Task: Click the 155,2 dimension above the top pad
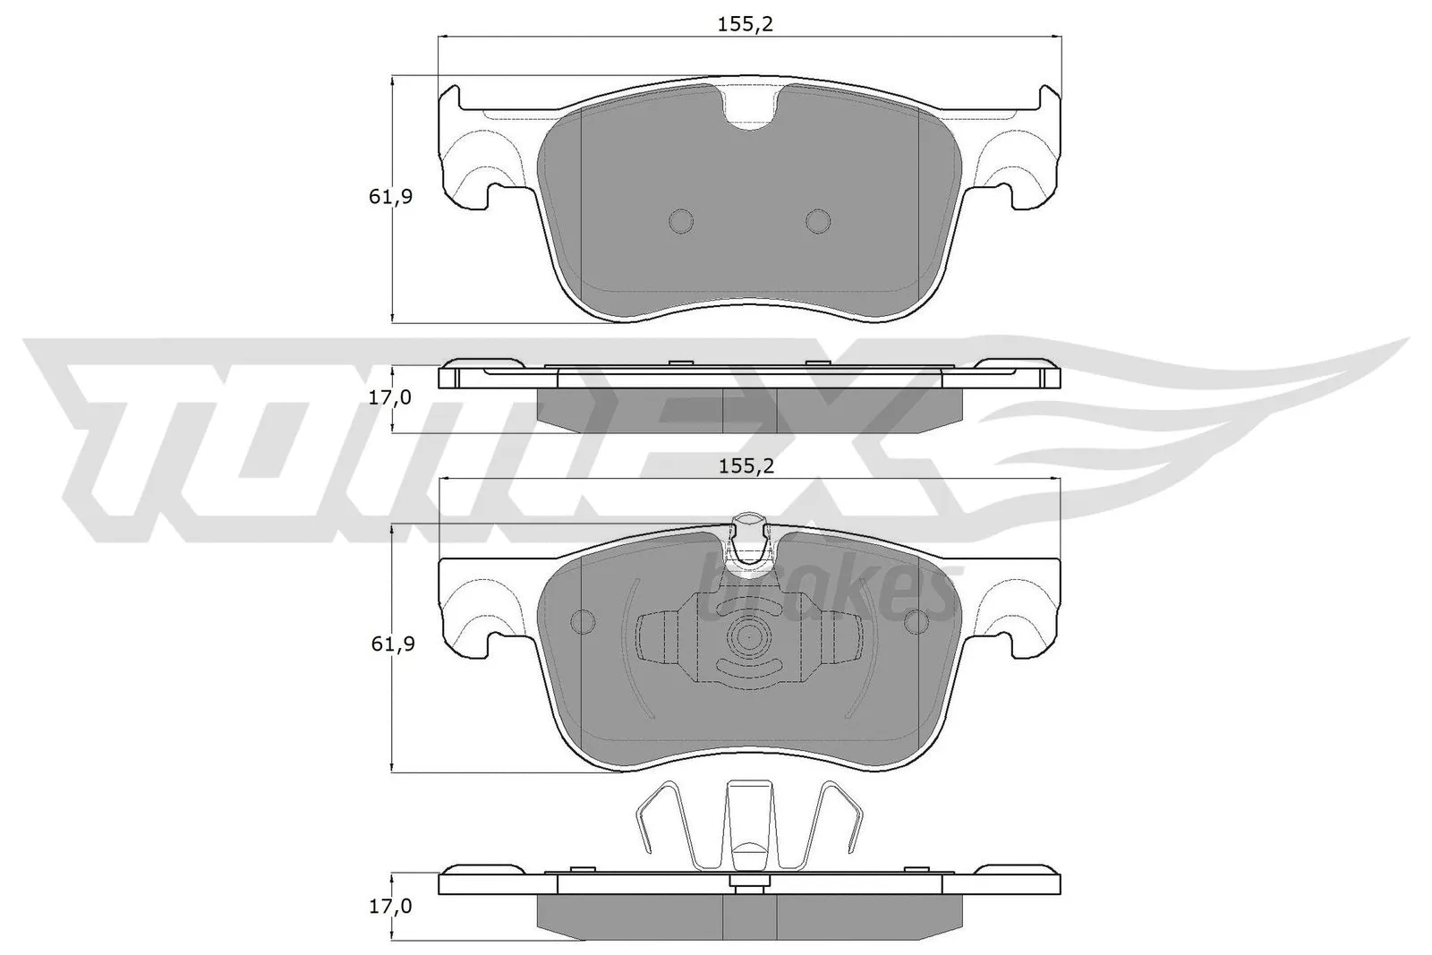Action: (745, 24)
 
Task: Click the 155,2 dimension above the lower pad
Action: (745, 465)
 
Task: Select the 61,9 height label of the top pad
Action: (390, 197)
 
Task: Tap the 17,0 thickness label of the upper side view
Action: (390, 397)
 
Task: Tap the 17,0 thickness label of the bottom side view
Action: (390, 907)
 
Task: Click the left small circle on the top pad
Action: (681, 221)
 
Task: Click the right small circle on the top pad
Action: (818, 221)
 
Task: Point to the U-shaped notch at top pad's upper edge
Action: (750, 107)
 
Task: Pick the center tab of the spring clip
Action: (748, 819)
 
